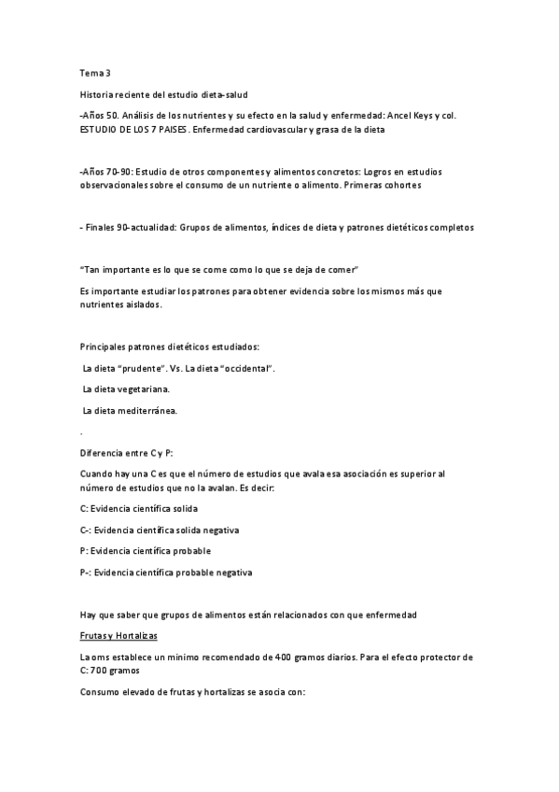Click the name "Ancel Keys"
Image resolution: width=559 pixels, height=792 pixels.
point(409,115)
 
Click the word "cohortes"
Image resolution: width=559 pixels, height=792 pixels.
point(399,185)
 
